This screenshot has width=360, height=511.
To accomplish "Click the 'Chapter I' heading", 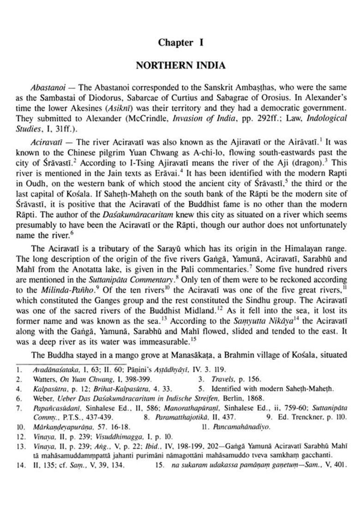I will (181, 42).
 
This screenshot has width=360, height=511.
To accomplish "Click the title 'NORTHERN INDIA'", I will (180, 65).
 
